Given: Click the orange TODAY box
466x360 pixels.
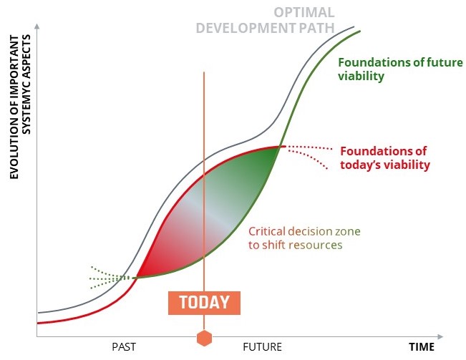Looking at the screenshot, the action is [204, 303].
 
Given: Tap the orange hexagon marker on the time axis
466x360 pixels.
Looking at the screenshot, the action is [204, 338].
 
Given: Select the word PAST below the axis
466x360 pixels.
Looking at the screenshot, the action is [124, 347].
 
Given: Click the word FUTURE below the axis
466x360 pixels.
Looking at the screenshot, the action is [262, 347].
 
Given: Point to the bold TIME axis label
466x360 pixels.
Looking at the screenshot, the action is [422, 347].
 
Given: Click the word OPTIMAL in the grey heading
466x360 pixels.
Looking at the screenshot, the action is [304, 12].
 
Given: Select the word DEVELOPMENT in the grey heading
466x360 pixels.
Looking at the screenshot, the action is [246, 28].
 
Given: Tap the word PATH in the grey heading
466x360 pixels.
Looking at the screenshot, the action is [317, 28].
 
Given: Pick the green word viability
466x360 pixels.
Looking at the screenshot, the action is [361, 76].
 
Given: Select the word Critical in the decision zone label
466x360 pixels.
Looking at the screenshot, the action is [267, 231].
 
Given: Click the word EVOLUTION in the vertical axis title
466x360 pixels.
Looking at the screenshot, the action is [14, 151].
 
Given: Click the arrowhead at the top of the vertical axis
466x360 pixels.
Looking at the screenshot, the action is [37, 26].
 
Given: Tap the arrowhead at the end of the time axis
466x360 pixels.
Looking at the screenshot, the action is [440, 337].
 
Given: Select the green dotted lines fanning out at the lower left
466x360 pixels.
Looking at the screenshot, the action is [110, 278].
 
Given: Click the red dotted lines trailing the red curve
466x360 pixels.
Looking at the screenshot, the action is [309, 156].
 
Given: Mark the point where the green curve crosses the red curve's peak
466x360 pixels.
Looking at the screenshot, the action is [280, 147].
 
